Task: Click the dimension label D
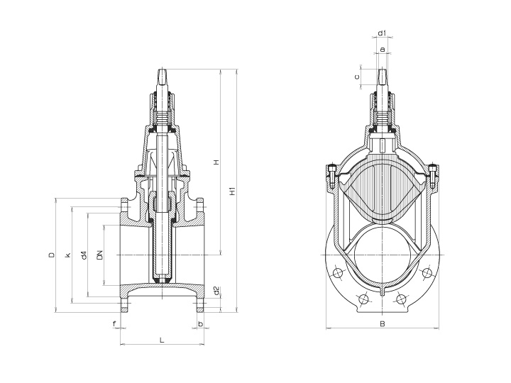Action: click(x=52, y=255)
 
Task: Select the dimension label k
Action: click(x=67, y=255)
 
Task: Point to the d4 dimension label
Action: click(x=84, y=255)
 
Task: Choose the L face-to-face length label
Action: click(x=161, y=340)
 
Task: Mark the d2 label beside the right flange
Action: click(x=216, y=290)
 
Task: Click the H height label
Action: click(x=216, y=162)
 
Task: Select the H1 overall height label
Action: click(x=233, y=190)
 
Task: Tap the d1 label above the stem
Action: click(x=382, y=33)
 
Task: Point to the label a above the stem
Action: click(x=383, y=49)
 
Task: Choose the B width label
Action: click(x=382, y=324)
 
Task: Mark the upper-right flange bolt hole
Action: click(x=427, y=273)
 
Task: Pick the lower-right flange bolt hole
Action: click(x=402, y=299)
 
